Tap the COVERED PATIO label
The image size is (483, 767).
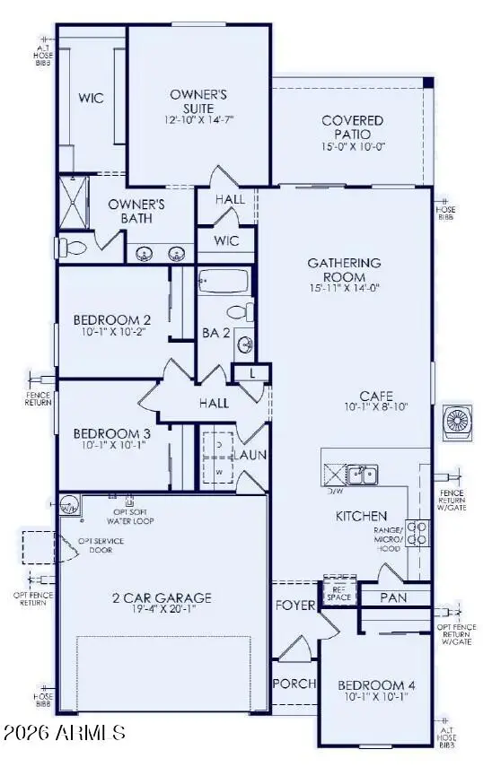[x=353, y=126]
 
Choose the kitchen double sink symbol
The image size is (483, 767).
[x=363, y=474]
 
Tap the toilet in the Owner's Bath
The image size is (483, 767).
[x=74, y=245]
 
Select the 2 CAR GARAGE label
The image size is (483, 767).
[x=162, y=597]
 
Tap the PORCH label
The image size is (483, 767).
[x=294, y=684]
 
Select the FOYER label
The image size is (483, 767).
[x=295, y=605]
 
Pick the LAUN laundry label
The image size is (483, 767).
[x=252, y=455]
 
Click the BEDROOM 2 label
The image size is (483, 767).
[x=111, y=320]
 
